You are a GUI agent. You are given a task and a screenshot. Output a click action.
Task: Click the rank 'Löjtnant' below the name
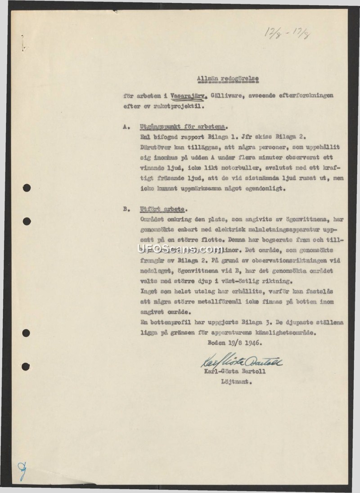236,383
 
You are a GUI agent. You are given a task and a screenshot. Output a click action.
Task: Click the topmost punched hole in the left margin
27,188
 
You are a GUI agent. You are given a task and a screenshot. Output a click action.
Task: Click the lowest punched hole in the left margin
26,366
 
